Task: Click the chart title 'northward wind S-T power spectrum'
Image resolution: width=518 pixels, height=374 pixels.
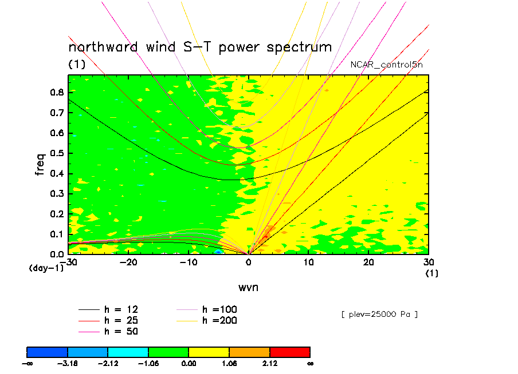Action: click(x=200, y=47)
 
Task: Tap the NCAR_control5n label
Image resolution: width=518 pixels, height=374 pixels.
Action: click(x=387, y=65)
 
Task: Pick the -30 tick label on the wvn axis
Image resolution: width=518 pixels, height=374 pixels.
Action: click(x=70, y=262)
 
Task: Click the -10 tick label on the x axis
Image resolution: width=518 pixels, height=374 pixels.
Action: click(x=189, y=262)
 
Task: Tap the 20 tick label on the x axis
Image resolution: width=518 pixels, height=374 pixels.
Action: click(x=368, y=262)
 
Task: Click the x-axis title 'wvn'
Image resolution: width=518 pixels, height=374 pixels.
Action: click(x=248, y=287)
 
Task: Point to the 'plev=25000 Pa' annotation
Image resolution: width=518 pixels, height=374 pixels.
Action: click(x=379, y=314)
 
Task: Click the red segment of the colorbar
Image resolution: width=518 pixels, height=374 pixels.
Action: click(x=290, y=351)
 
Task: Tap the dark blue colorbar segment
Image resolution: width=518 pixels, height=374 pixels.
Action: click(x=48, y=351)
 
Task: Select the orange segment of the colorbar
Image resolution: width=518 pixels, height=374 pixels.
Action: click(x=249, y=351)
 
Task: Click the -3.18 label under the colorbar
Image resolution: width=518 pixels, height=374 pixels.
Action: click(x=67, y=363)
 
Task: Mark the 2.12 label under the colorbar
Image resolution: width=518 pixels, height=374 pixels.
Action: click(x=269, y=363)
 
